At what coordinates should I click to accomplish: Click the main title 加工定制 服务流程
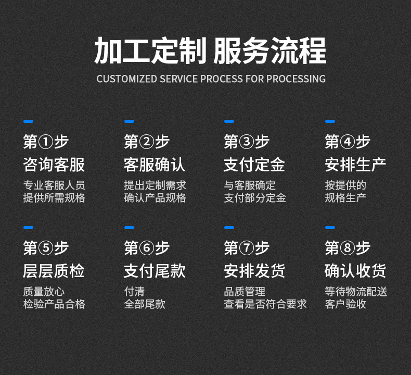[210, 51]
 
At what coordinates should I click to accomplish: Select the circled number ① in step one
[46, 142]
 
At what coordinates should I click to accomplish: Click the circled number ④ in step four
[348, 142]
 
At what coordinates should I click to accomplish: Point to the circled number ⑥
[147, 248]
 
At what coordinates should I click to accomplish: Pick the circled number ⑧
[348, 248]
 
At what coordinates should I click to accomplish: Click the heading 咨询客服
[54, 165]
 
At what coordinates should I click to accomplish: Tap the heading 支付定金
[254, 165]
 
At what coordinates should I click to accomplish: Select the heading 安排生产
[355, 165]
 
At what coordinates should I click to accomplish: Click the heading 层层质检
[54, 271]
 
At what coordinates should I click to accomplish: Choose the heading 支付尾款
[155, 271]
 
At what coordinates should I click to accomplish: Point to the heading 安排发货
[254, 271]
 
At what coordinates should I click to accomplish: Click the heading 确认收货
[355, 271]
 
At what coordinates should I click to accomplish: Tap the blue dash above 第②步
[129, 121]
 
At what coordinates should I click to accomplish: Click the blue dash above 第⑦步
[229, 228]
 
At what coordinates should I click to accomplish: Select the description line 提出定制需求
[155, 185]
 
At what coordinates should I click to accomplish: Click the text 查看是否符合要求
[265, 304]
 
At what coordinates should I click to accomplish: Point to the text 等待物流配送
[356, 292]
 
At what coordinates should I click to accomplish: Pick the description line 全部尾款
[145, 304]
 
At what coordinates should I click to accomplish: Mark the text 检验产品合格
[54, 304]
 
